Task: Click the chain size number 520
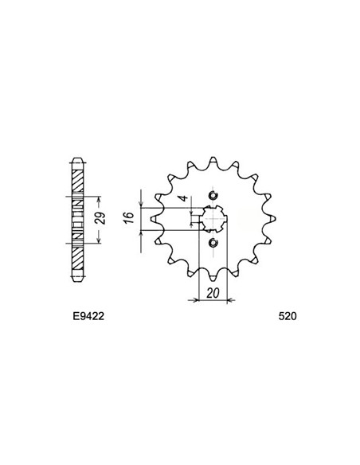click(288, 315)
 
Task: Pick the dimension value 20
click(210, 292)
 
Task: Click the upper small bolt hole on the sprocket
click(212, 196)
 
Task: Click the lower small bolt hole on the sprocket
click(212, 243)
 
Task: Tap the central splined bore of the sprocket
click(212, 219)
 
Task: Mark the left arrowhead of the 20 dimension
click(191, 300)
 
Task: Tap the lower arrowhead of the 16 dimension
click(140, 232)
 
